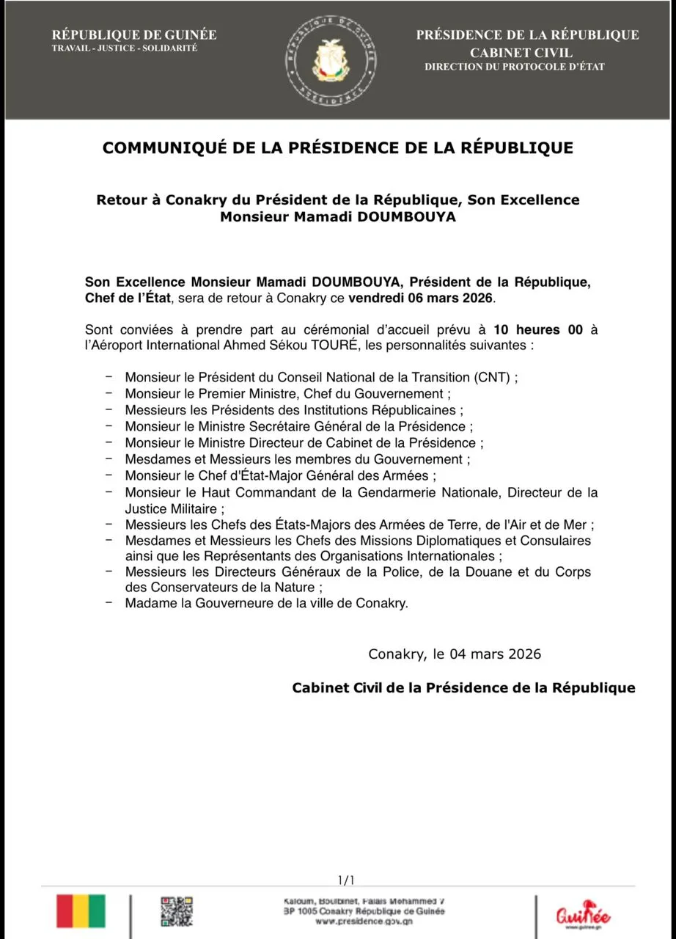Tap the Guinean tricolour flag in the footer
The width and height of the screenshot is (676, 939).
click(81, 910)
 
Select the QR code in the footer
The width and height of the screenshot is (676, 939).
click(176, 910)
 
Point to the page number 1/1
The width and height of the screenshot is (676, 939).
click(346, 880)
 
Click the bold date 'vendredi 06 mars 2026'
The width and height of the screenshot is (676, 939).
click(422, 299)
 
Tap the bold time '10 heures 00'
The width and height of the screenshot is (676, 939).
click(538, 329)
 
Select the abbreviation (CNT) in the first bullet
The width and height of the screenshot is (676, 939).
click(495, 378)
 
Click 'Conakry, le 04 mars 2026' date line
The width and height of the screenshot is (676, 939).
click(455, 654)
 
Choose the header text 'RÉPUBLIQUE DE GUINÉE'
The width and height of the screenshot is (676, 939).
click(134, 35)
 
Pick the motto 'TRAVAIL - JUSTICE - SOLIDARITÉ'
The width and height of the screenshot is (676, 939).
click(125, 48)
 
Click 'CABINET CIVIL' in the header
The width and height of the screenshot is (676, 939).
click(521, 53)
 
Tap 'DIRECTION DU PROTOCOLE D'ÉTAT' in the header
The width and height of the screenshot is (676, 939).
click(515, 67)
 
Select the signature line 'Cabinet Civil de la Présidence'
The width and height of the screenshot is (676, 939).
click(463, 688)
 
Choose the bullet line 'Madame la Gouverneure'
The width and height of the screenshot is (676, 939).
click(266, 604)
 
